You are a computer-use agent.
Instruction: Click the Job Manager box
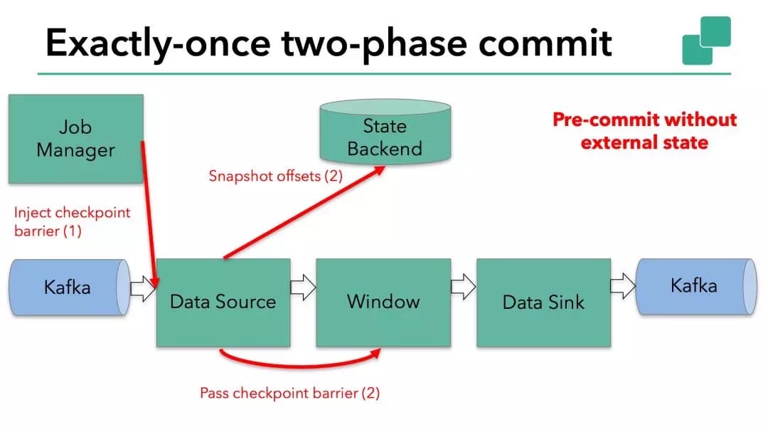pyautogui.click(x=75, y=139)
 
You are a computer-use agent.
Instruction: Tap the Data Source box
pyautogui.click(x=223, y=302)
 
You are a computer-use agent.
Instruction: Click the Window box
pyautogui.click(x=383, y=302)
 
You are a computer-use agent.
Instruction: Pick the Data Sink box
pyautogui.click(x=543, y=302)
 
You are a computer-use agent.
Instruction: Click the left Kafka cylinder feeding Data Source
pyautogui.click(x=68, y=288)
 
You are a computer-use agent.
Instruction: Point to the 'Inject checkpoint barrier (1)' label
pyautogui.click(x=73, y=221)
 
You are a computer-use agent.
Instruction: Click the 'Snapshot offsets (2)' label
pyautogui.click(x=275, y=176)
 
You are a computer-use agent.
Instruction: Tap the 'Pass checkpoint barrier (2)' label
pyautogui.click(x=289, y=393)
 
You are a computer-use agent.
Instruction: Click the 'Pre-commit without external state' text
pyautogui.click(x=644, y=131)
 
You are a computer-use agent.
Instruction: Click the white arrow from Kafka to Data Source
pyautogui.click(x=142, y=288)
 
